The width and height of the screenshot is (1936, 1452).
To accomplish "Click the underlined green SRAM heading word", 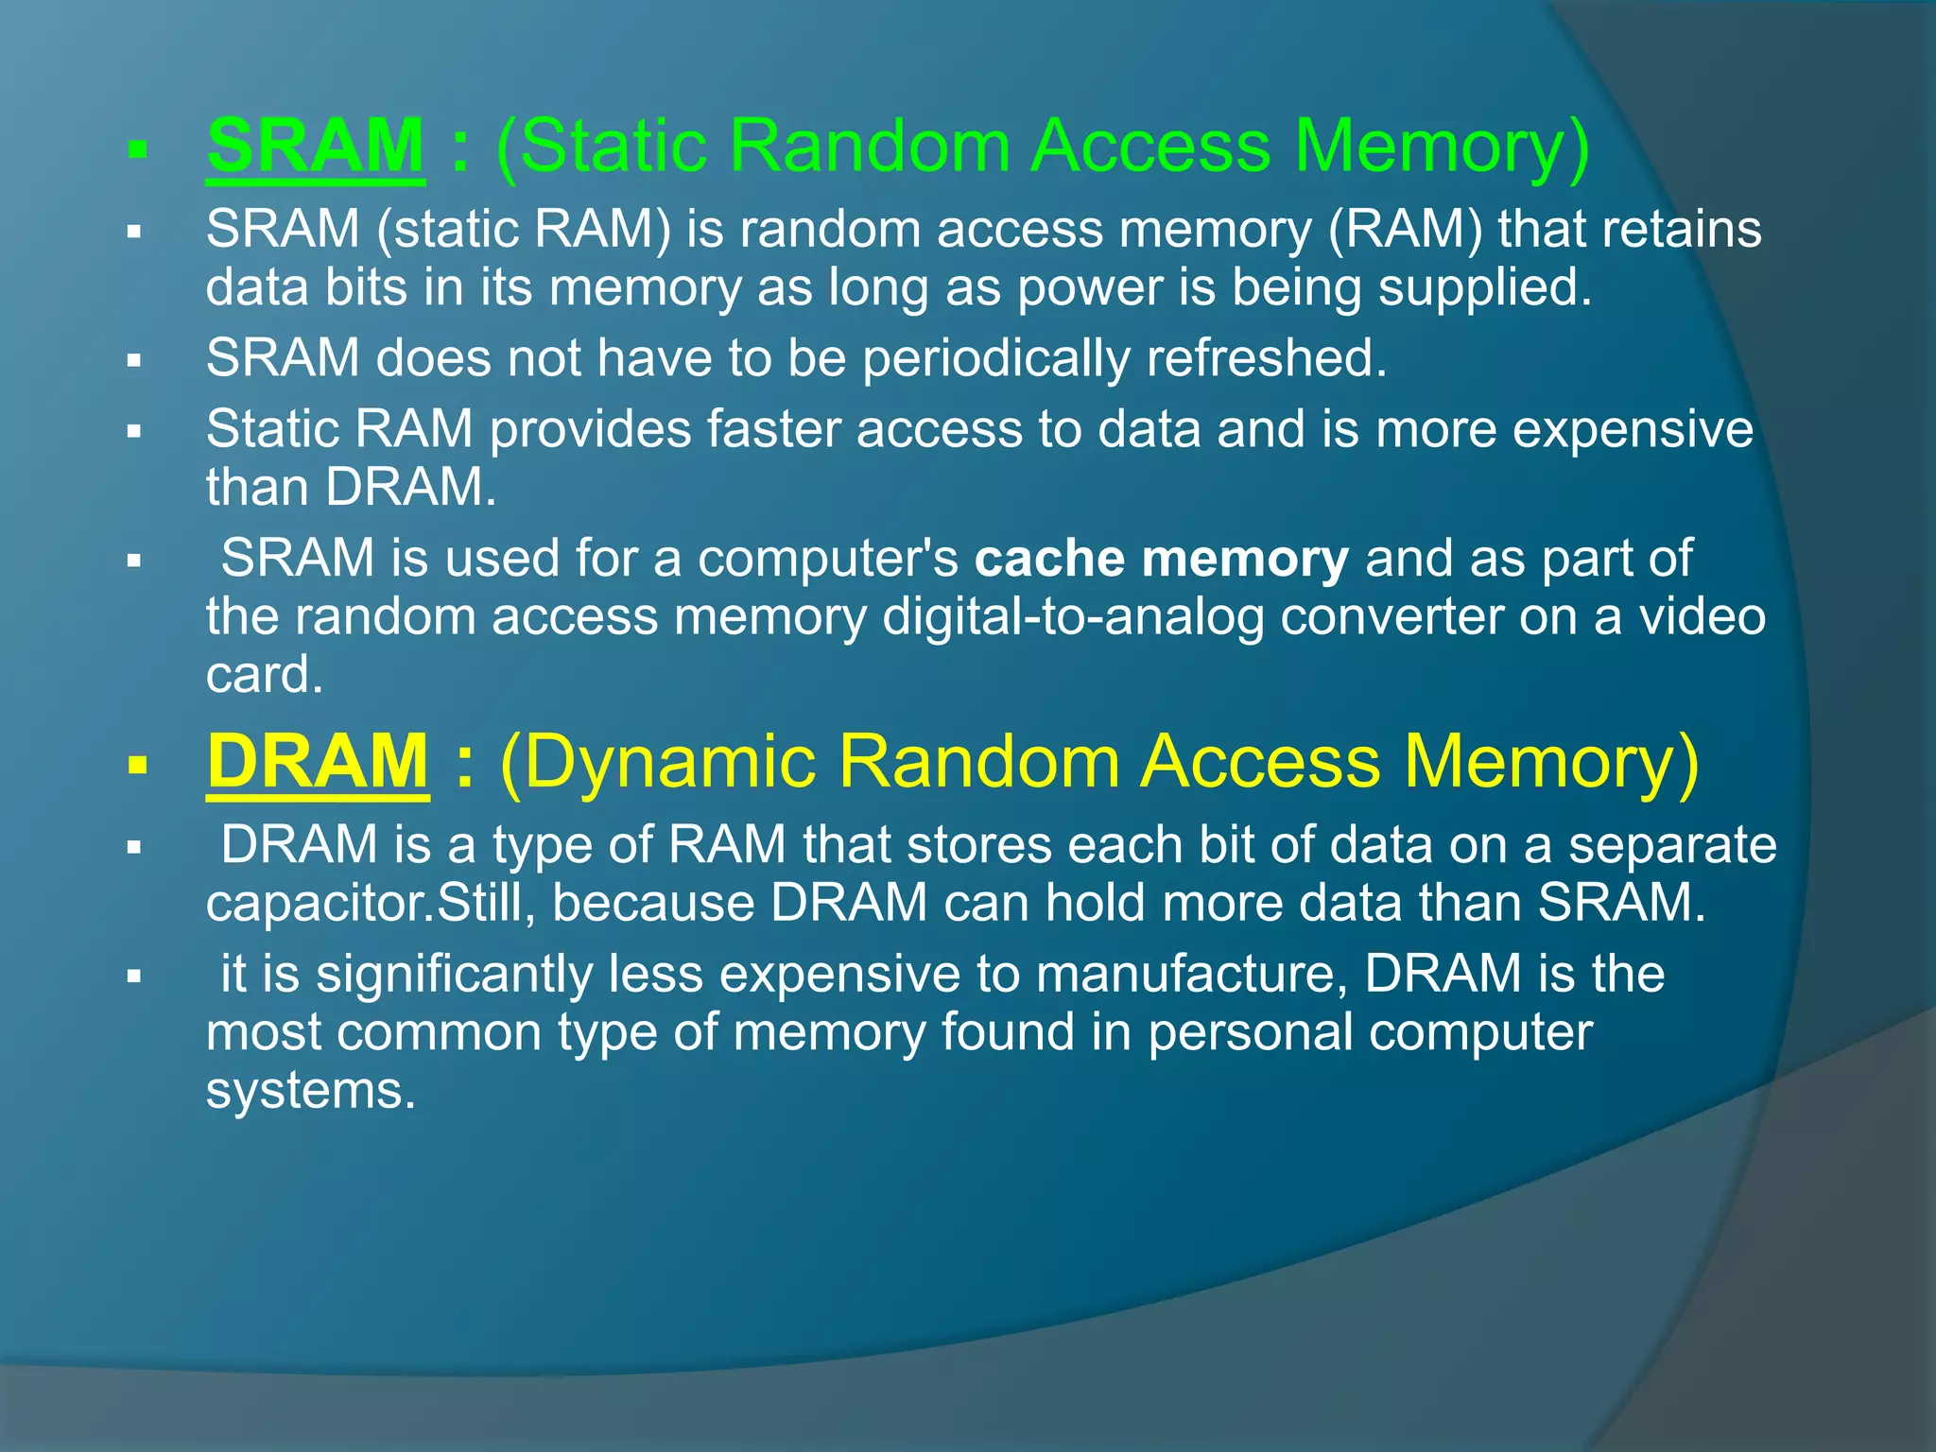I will coord(315,146).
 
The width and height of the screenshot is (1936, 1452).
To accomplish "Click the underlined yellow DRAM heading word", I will coord(318,761).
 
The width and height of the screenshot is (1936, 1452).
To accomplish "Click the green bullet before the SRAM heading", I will coord(138,149).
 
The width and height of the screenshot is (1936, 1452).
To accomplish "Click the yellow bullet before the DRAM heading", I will coord(138,765).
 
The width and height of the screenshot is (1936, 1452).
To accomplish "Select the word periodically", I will coord(995,358).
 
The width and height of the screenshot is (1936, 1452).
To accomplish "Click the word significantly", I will coord(454,974).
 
